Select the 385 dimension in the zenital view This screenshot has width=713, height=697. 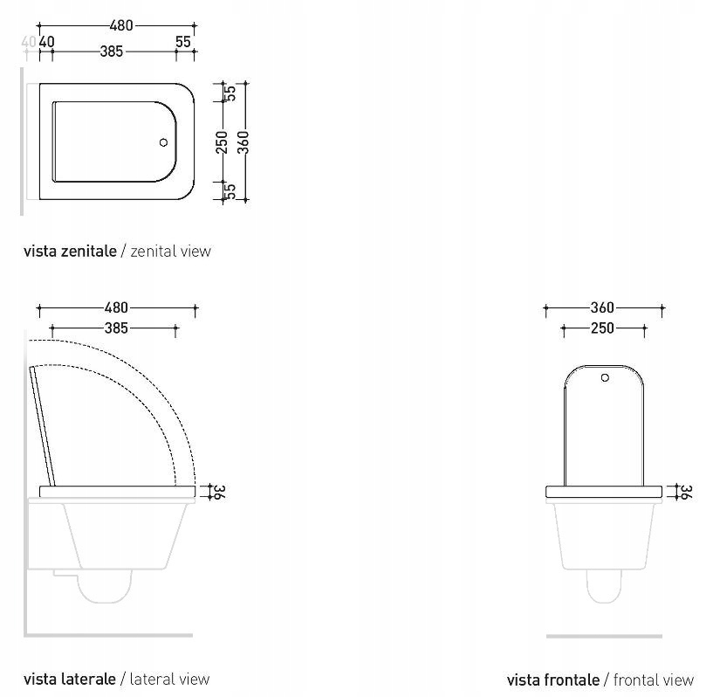(x=111, y=52)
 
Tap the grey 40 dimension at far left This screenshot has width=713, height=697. (x=29, y=41)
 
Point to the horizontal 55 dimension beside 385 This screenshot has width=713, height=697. (x=182, y=41)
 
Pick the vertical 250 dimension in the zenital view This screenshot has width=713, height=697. (x=222, y=141)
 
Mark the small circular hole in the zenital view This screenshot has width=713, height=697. (x=163, y=141)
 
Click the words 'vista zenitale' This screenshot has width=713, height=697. (x=70, y=252)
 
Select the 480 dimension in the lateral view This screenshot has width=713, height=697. (x=116, y=307)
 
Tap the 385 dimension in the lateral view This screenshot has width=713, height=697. (x=115, y=328)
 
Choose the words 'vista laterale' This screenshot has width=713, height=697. (x=70, y=679)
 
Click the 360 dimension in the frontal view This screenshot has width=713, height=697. (x=602, y=307)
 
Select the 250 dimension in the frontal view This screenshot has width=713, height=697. (x=602, y=328)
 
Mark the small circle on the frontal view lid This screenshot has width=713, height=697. (x=604, y=378)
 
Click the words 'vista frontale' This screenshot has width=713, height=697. (x=552, y=680)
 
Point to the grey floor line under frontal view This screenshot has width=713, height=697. (x=603, y=636)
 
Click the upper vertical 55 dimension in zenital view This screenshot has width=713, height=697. (x=232, y=93)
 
